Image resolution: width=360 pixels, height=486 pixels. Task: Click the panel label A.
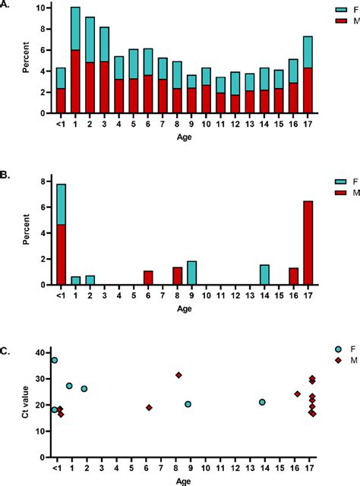(x=8, y=5)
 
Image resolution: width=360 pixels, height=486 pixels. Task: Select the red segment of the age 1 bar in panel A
(x=75, y=81)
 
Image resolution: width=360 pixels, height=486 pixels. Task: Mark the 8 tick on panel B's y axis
(x=43, y=179)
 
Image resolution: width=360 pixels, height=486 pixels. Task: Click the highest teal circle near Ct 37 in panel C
(x=54, y=360)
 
